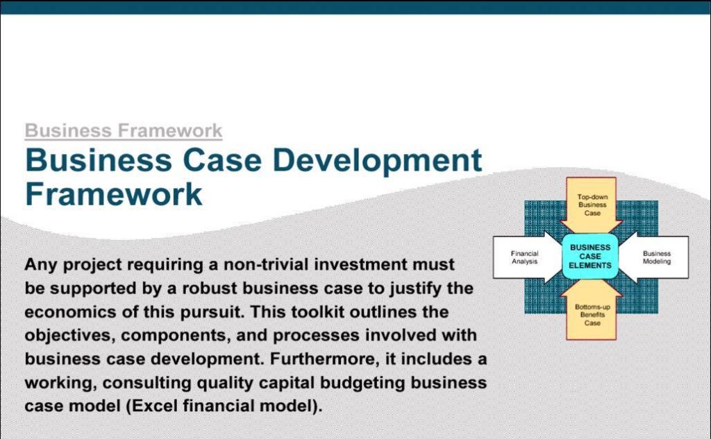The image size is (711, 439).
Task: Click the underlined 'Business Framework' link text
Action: [x=124, y=131]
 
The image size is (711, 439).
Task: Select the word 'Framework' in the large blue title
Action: [x=113, y=194]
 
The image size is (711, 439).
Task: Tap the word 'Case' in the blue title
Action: [x=221, y=160]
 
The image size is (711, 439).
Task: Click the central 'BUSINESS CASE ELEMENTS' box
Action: [x=590, y=257]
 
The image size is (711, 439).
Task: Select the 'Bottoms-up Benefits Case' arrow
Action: [x=592, y=310]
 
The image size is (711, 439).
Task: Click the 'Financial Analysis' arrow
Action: [x=528, y=257]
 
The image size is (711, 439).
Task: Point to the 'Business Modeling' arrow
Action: [x=653, y=257]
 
